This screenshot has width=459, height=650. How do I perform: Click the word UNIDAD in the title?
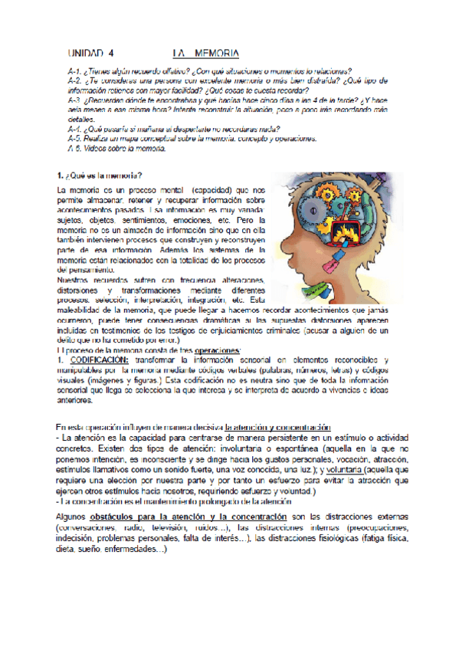point(86,54)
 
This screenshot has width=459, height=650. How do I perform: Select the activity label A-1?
point(74,71)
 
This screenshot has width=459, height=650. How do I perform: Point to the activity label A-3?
point(74,100)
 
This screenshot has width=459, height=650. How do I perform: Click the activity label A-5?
point(74,139)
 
